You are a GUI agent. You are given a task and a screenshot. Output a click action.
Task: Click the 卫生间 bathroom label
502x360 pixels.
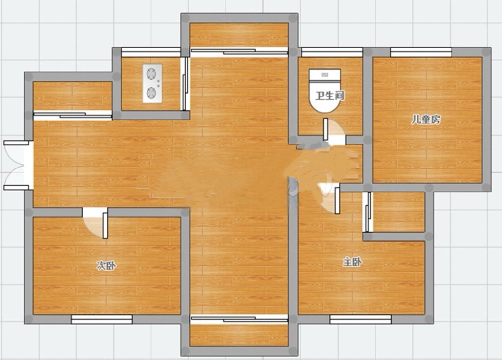(329, 96)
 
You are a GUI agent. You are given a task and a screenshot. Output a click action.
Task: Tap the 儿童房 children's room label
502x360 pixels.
(426, 120)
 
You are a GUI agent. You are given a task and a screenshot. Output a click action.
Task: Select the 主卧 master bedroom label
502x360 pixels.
(352, 263)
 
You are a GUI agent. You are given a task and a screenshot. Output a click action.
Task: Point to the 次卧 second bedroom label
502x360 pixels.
(106, 265)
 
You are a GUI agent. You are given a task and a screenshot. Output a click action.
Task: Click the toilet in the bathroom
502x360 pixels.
(325, 90)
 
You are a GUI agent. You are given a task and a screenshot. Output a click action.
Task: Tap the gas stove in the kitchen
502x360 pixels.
(152, 83)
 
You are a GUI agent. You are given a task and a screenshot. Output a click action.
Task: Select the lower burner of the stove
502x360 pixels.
(151, 93)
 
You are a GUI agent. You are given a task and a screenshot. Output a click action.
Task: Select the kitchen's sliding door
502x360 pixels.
(184, 84)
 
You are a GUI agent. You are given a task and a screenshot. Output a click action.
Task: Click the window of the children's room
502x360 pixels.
(421, 52)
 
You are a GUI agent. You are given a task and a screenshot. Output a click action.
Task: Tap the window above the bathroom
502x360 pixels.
(332, 52)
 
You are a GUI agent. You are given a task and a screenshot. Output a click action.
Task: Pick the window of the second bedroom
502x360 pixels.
(102, 319)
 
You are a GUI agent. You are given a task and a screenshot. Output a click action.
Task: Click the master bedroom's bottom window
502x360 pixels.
(361, 319)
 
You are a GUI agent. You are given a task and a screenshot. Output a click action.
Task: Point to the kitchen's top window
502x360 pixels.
(151, 52)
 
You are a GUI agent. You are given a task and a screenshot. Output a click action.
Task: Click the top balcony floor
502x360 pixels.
(239, 35)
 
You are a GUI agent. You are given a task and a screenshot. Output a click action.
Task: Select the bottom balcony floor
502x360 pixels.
(239, 335)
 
